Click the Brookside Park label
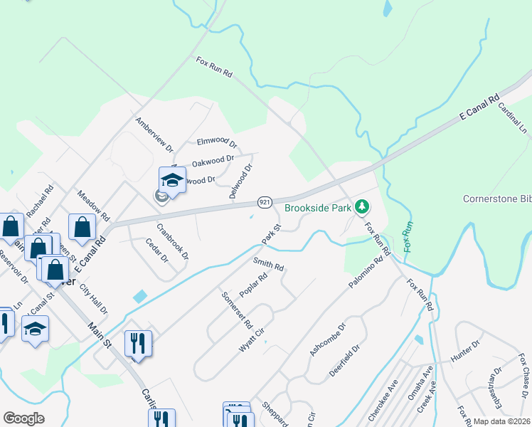pos(318,209)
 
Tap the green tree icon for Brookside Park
pos(363,207)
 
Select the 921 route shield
pos(264,203)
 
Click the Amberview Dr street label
pos(154,135)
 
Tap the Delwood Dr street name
pos(241,181)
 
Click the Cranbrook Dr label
pos(173,242)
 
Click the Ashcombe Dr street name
pos(327,339)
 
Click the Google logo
pos(23,418)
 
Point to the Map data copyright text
pos(502,421)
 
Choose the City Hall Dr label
pos(93,300)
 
